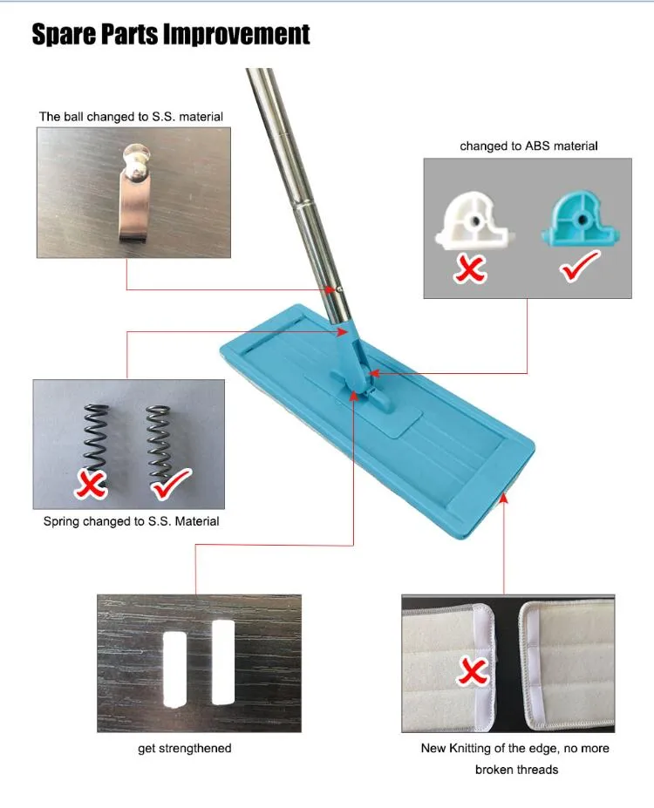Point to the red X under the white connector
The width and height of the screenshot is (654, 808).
click(472, 268)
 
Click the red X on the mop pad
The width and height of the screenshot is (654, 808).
click(473, 671)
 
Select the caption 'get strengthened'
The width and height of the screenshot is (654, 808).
click(185, 748)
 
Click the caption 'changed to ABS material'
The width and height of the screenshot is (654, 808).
click(528, 146)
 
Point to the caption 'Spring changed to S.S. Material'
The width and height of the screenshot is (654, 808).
click(131, 521)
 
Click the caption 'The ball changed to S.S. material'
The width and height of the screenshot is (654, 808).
click(131, 116)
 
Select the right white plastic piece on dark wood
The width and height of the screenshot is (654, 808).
click(223, 662)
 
